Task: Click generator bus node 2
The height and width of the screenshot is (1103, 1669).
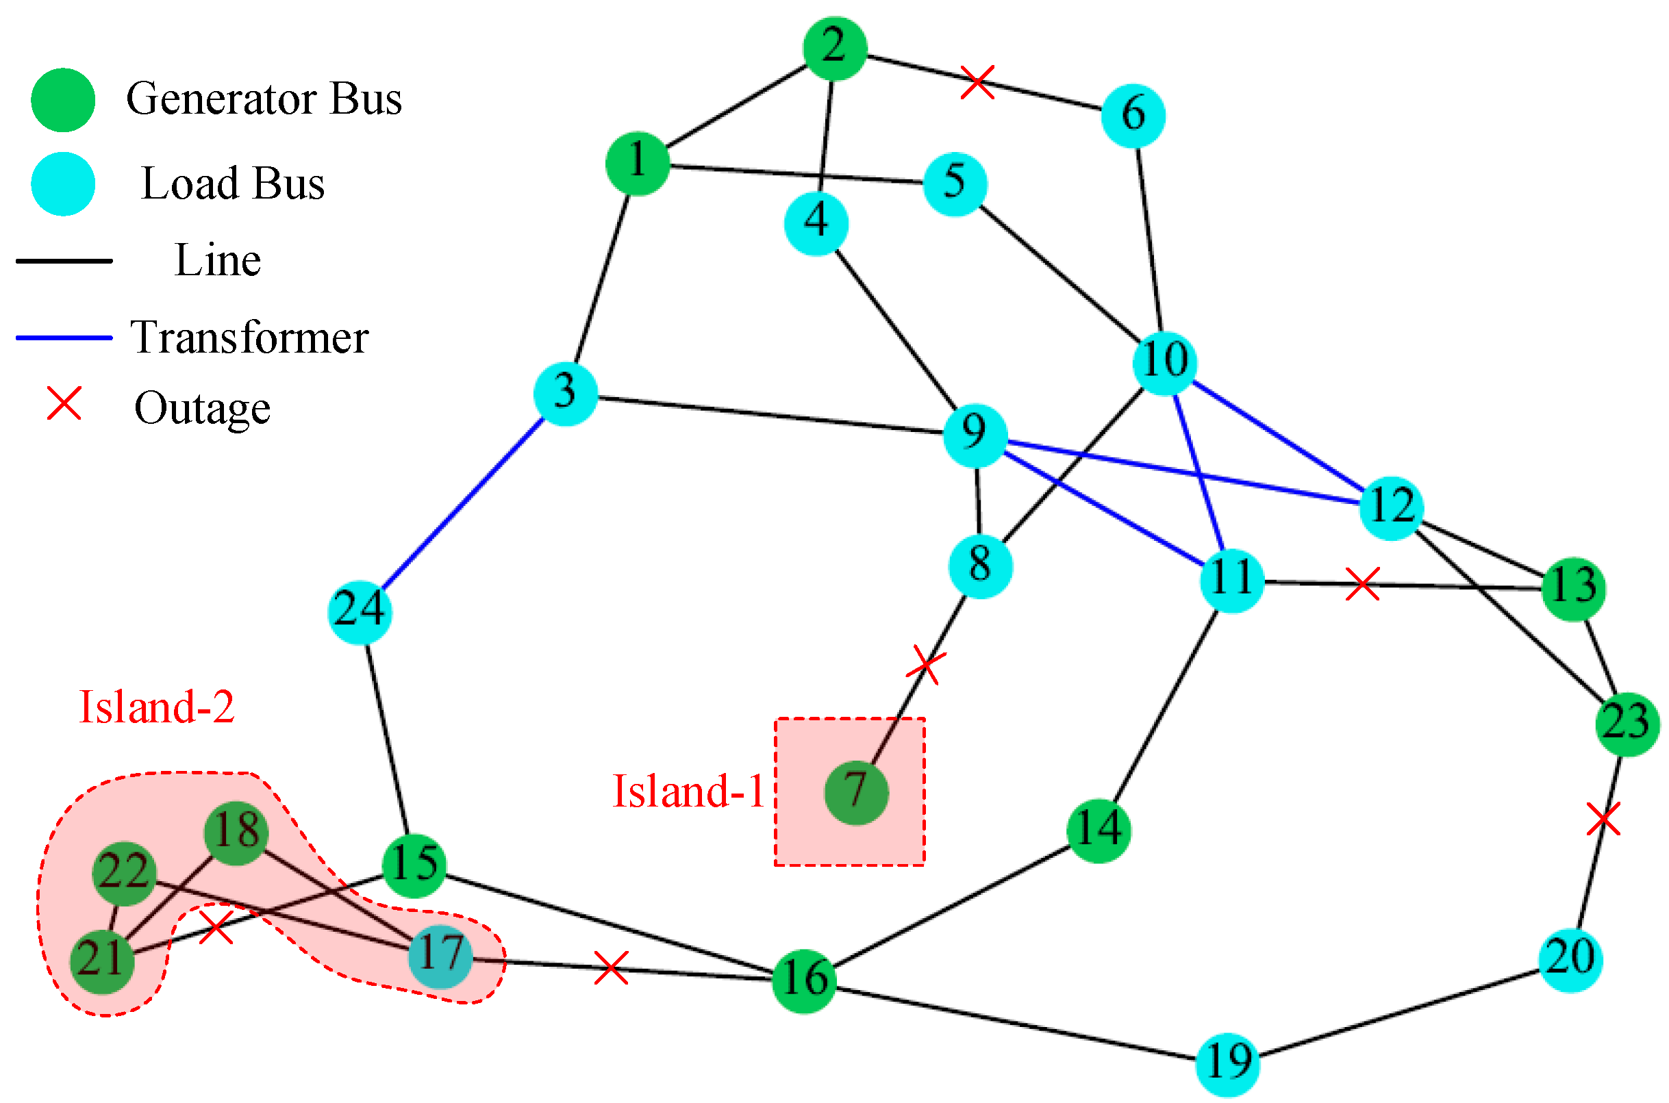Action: [834, 48]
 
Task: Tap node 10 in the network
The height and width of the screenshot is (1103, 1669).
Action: [1164, 362]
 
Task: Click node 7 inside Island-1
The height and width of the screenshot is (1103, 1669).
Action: [855, 792]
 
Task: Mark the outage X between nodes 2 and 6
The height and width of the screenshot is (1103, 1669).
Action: [977, 82]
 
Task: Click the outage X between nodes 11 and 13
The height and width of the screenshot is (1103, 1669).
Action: [1361, 584]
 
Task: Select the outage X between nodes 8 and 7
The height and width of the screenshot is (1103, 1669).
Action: [925, 664]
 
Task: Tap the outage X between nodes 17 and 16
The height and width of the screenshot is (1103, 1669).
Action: [611, 968]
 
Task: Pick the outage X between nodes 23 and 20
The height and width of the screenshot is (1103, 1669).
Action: [1603, 820]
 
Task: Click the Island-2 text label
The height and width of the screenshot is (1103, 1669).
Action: [156, 707]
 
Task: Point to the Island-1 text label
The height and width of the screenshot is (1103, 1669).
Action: [688, 791]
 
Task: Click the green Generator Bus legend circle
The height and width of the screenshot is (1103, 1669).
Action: [63, 100]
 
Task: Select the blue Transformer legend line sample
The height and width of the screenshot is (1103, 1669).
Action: [63, 338]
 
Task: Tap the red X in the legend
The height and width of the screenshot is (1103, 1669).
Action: [64, 404]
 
